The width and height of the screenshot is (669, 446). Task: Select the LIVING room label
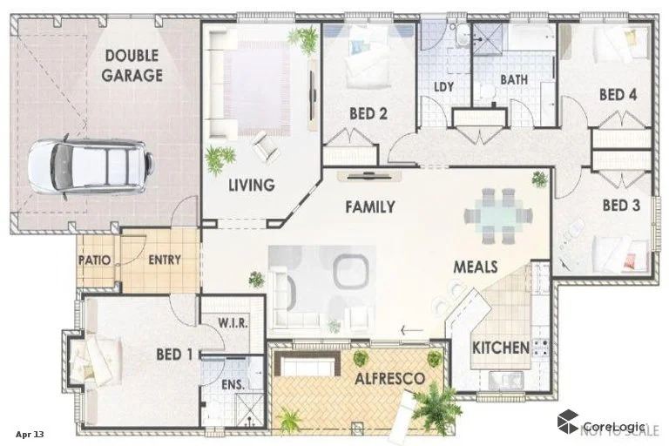point(252,185)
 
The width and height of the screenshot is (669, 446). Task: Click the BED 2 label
point(368,113)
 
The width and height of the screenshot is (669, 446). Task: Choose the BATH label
point(514,80)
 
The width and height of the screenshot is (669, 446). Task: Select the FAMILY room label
point(369,207)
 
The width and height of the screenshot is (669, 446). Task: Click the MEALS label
point(475,266)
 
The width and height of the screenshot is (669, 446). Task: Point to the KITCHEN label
point(501,348)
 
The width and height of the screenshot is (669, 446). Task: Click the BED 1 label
point(174,355)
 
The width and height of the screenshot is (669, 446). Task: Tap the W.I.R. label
point(233,322)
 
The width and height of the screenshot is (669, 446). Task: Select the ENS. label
point(233,383)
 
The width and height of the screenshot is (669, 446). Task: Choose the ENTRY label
point(164,260)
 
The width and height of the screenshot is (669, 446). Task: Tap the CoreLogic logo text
point(613,426)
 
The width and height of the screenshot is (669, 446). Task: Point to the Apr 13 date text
point(29,433)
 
